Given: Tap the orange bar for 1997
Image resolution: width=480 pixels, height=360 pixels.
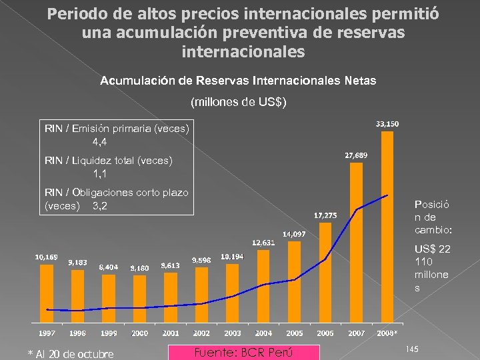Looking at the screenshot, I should (x=46, y=293).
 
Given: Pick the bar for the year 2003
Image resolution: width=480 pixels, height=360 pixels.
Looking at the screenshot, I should (x=232, y=293).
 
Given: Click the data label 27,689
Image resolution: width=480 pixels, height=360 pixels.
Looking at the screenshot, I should (x=356, y=155).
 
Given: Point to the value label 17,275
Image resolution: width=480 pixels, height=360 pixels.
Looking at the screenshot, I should (x=325, y=215).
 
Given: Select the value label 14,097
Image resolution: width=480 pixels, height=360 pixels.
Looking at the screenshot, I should (x=294, y=234).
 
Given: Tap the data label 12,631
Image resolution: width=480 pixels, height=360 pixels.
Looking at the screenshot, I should (x=263, y=242).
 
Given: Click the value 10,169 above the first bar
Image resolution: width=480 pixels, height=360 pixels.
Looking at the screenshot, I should (x=46, y=257).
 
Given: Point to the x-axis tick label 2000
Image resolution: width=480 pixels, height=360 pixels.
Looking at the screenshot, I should (x=139, y=333).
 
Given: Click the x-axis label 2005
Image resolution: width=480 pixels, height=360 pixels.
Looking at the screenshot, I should (x=294, y=333).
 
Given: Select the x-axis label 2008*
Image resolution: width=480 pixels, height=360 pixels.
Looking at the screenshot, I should (x=387, y=333).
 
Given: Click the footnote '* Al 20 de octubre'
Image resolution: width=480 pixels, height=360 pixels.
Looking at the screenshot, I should (x=70, y=353).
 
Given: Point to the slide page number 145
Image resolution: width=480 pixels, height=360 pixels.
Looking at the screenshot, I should (x=411, y=349).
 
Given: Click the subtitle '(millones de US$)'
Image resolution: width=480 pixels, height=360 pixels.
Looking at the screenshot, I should (x=238, y=103).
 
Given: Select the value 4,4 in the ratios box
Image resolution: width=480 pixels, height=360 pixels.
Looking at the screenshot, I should (x=100, y=142).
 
